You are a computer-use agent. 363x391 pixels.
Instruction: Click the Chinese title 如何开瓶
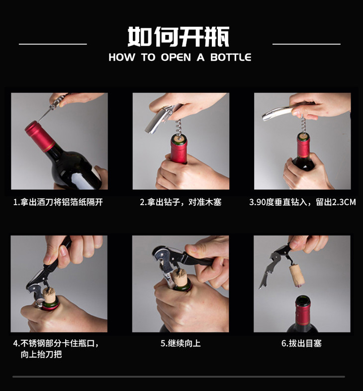click(x=178, y=37)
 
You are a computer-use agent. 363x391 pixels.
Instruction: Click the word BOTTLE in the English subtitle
click(x=231, y=57)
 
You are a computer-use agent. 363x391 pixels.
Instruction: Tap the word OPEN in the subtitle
click(x=176, y=57)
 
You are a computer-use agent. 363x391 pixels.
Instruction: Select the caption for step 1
click(x=58, y=202)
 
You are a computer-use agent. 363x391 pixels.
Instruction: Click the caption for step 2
click(x=181, y=202)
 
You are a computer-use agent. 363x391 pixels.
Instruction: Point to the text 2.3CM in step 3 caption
click(x=344, y=202)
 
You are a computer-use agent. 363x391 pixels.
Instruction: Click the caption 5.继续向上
click(x=181, y=343)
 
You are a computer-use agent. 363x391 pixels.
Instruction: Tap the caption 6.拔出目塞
click(x=301, y=343)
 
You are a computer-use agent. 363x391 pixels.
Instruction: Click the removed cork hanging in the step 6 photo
click(x=297, y=276)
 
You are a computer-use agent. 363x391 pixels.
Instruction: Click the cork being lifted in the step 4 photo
click(x=50, y=295)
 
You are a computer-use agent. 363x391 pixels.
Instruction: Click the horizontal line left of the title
click(x=53, y=44)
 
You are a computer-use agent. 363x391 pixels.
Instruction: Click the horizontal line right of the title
click(x=306, y=44)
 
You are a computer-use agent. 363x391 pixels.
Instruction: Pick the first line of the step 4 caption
click(x=56, y=343)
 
